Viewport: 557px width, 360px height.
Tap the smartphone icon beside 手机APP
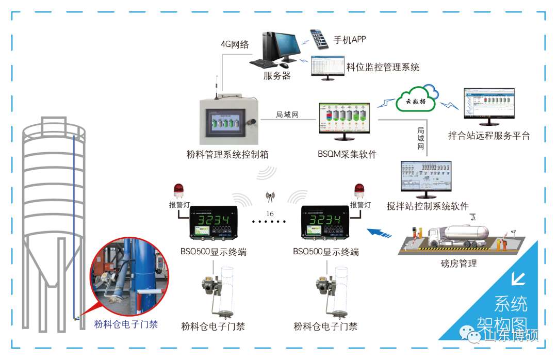click(318, 39)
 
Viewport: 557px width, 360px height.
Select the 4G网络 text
click(235, 44)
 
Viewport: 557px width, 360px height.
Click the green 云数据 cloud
click(415, 101)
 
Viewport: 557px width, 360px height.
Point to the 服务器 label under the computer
click(277, 76)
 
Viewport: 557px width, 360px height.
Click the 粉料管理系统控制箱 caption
click(227, 154)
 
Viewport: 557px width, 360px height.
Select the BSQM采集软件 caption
click(347, 154)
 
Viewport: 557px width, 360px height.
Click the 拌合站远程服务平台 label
click(489, 136)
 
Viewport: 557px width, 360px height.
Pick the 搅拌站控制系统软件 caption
click(428, 206)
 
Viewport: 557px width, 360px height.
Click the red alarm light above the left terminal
click(179, 190)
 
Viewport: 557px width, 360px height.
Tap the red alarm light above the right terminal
click(359, 191)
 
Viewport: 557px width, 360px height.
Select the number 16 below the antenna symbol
click(269, 214)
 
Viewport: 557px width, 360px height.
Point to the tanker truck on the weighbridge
click(454, 233)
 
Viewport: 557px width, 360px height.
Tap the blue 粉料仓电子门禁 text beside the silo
click(126, 324)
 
